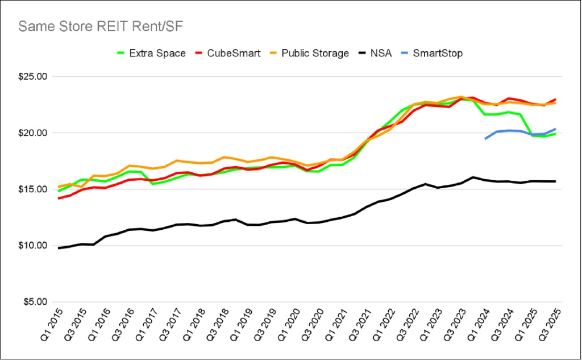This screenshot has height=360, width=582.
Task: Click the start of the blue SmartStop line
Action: coord(485,138)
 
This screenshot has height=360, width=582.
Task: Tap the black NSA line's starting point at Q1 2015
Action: coord(59,248)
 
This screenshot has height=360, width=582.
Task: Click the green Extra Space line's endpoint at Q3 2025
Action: coord(555,134)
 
